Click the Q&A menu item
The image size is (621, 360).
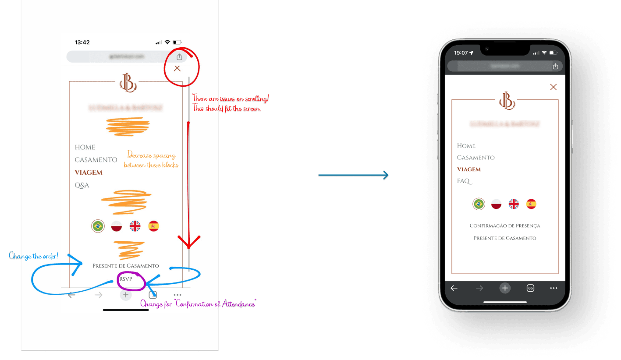click(x=82, y=185)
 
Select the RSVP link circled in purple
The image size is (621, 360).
click(x=126, y=279)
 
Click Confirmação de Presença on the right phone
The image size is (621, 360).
click(x=505, y=226)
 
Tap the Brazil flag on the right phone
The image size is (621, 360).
click(x=479, y=204)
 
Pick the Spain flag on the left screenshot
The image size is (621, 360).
click(x=153, y=226)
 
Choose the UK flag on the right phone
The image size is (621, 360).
click(x=514, y=204)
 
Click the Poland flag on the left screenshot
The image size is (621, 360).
click(x=117, y=226)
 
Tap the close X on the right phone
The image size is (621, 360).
click(x=553, y=87)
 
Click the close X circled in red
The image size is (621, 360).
click(x=177, y=68)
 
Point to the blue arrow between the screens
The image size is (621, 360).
click(x=353, y=176)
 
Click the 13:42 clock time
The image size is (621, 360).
click(x=82, y=42)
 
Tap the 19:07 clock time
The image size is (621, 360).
click(x=461, y=53)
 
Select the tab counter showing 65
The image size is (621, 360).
click(x=530, y=288)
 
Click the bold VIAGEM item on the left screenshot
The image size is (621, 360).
click(x=89, y=173)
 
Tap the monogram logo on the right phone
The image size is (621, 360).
click(x=507, y=101)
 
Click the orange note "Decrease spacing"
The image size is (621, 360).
click(x=151, y=160)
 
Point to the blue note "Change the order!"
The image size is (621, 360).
click(x=33, y=256)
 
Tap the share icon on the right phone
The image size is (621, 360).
click(x=555, y=66)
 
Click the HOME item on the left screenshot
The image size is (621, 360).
click(x=85, y=148)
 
